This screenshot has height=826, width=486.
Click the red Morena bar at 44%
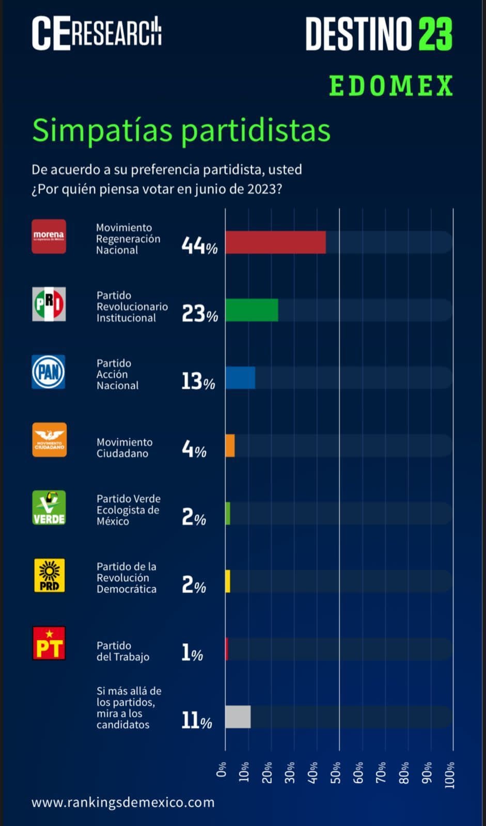[x=275, y=243]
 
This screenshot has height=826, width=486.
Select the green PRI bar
[x=252, y=310]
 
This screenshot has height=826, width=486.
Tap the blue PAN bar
[x=240, y=378]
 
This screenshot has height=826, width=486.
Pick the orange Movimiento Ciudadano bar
[x=230, y=446]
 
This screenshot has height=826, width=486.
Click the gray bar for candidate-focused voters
[x=238, y=717]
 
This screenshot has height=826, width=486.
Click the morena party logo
[x=49, y=236]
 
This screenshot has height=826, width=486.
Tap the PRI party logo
[x=49, y=304]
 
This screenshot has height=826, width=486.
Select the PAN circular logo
[x=49, y=372]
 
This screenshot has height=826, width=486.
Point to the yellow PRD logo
[x=49, y=575]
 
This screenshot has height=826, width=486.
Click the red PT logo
[x=49, y=643]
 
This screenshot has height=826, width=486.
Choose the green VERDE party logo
[x=49, y=507]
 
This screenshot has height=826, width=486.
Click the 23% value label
[x=199, y=313]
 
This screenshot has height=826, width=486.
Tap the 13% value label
[x=198, y=382]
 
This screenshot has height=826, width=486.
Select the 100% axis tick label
[x=450, y=774]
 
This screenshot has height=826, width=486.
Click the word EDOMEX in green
[x=391, y=86]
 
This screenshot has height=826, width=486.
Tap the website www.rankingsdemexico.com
[x=123, y=802]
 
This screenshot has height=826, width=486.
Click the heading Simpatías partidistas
[x=181, y=130]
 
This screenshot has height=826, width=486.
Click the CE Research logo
[x=97, y=34]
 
